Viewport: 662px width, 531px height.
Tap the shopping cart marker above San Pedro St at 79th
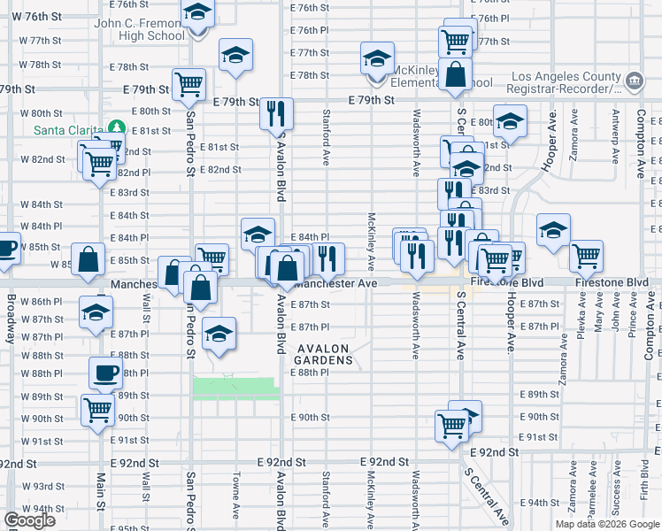189,84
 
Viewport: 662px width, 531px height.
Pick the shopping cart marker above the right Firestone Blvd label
587,257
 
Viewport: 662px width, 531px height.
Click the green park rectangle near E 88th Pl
235,389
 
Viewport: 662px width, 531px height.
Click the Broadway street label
11,319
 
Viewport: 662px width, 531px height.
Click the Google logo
29,520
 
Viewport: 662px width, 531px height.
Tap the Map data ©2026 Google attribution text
607,524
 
